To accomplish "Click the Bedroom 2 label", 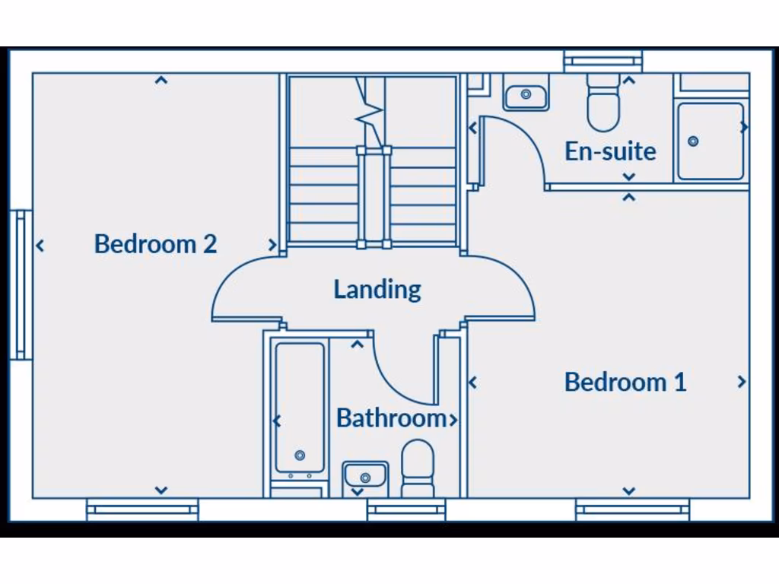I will click(155, 244).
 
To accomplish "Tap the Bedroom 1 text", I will click(625, 382).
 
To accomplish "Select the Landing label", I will click(377, 289).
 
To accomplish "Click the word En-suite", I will click(610, 151).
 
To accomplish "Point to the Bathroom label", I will click(391, 418).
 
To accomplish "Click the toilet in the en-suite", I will click(603, 106).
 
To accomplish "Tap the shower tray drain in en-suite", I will click(693, 141).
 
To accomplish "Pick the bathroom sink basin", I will click(365, 476).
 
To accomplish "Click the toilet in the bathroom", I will click(417, 468).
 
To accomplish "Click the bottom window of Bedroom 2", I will click(142, 509).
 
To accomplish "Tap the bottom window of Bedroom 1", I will click(632, 509).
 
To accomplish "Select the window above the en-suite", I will click(603, 61).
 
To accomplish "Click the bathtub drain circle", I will click(300, 455).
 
